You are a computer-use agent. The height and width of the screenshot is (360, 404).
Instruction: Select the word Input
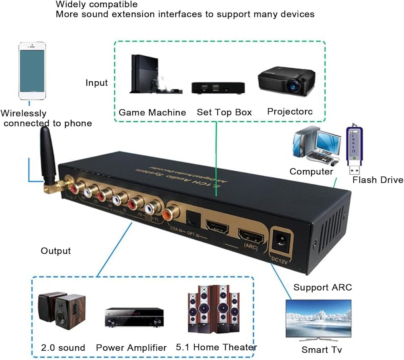point(97,83)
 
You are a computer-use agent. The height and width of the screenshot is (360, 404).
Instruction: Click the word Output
point(56,251)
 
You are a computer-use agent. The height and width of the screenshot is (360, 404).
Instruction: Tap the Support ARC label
point(322,288)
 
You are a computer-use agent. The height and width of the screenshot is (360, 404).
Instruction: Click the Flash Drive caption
point(378,180)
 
